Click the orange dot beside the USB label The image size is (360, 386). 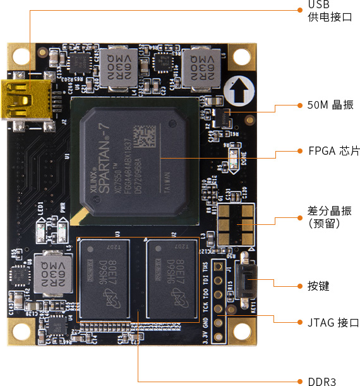(x=300, y=10)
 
